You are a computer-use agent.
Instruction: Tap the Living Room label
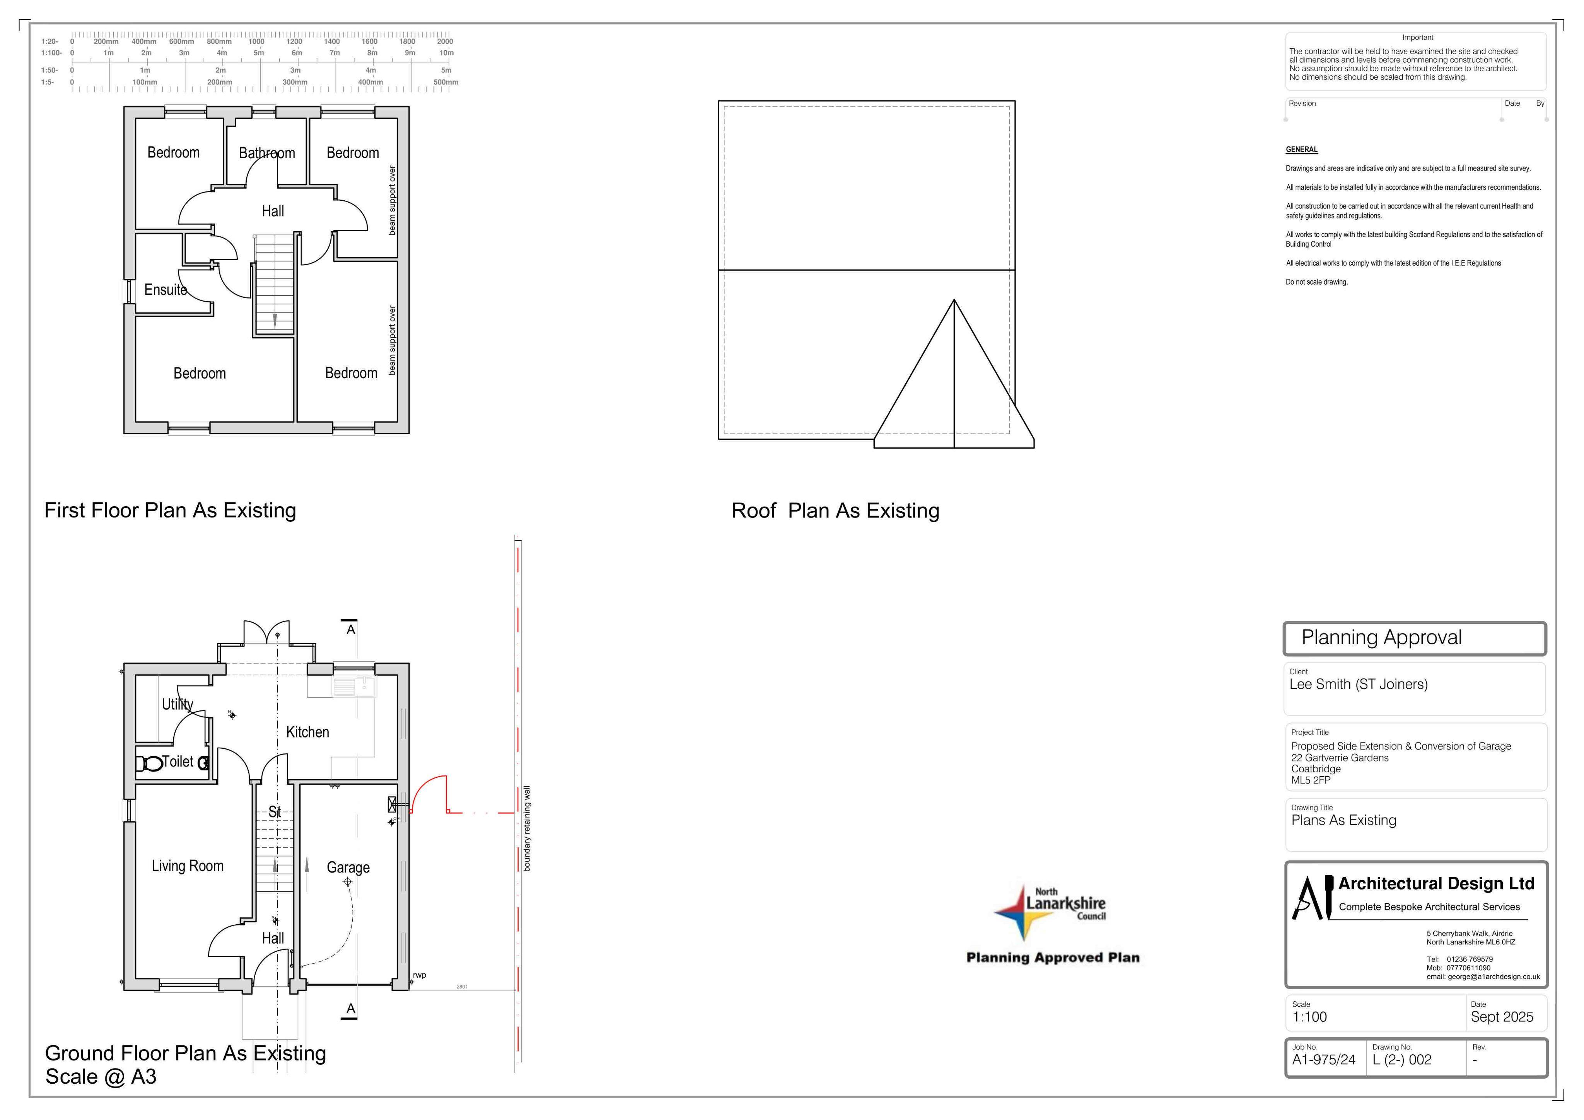(188, 866)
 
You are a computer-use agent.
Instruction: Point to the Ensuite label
(166, 289)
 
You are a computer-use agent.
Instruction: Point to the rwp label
(420, 975)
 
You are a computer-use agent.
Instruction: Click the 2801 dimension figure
(462, 987)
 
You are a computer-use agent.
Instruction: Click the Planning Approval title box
(1414, 639)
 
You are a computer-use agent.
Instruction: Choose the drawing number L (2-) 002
(1402, 1060)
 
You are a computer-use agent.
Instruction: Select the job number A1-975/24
(1323, 1060)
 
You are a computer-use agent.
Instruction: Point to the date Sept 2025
(1502, 1017)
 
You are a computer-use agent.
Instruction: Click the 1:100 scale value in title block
(1309, 1017)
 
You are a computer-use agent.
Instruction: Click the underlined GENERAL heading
(1302, 150)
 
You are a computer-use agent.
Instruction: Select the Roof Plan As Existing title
(835, 510)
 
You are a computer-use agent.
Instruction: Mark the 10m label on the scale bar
(446, 53)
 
